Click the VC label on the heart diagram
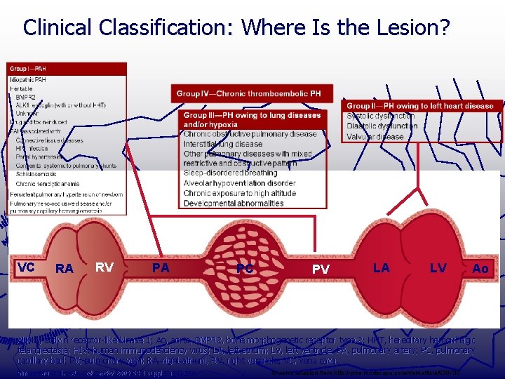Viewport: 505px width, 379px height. click(26, 267)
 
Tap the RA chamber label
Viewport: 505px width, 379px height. click(65, 269)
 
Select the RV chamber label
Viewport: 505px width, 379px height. click(105, 267)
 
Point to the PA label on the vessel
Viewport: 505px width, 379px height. click(161, 267)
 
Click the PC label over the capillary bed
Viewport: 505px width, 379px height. click(245, 269)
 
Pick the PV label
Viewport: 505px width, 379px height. click(321, 269)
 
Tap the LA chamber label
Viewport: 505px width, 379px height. click(382, 267)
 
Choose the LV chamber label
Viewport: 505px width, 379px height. click(438, 267)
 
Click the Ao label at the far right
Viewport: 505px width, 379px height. click(480, 269)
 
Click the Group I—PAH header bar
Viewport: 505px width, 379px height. click(29, 68)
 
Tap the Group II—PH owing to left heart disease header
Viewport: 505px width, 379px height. click(420, 106)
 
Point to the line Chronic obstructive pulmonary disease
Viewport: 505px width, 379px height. click(250, 134)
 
